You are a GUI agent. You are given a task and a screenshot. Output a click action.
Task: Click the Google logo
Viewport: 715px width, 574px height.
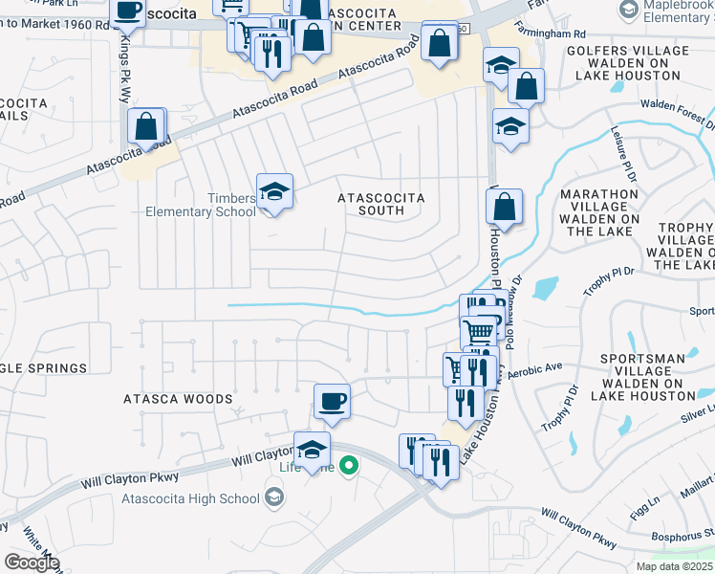coord(32,563)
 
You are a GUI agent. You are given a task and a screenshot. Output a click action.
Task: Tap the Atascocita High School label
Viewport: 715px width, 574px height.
coord(199,497)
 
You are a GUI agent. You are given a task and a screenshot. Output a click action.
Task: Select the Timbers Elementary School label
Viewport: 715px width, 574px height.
coord(201,205)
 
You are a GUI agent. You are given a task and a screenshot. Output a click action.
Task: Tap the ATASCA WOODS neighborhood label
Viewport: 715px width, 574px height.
coord(178,398)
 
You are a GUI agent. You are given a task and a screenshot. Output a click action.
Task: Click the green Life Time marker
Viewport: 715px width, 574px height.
coord(351,467)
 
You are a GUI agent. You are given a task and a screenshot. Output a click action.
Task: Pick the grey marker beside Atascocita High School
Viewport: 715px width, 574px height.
coord(274,497)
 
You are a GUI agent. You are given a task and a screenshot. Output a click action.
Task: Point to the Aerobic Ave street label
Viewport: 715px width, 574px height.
coord(535,368)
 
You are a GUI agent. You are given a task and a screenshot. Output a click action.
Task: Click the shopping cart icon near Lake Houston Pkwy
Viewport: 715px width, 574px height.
coord(478,330)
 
